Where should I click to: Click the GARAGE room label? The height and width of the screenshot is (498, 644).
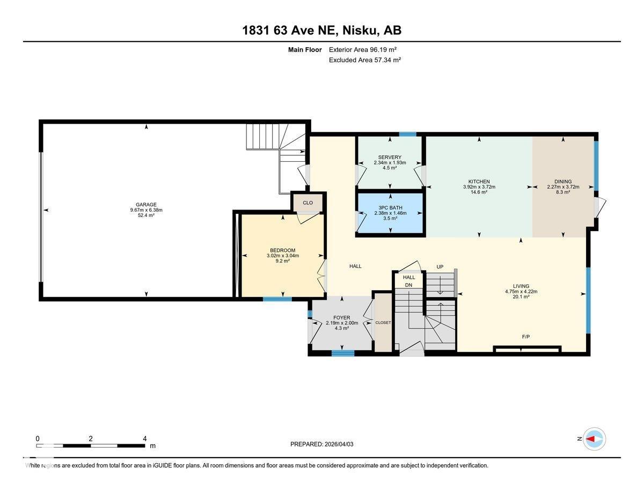(x=146, y=205)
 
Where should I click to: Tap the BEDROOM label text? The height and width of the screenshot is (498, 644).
(x=282, y=250)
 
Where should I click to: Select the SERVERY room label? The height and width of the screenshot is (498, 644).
(x=390, y=157)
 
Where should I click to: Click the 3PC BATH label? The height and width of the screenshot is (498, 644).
(x=390, y=207)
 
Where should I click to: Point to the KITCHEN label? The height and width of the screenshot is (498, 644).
(x=479, y=182)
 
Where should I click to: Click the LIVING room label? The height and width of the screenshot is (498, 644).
(x=521, y=286)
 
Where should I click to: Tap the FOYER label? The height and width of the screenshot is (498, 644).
(x=341, y=317)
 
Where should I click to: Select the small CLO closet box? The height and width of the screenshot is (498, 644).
(x=308, y=203)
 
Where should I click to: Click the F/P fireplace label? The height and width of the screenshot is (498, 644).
(x=526, y=337)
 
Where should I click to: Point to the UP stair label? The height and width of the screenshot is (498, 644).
(x=440, y=267)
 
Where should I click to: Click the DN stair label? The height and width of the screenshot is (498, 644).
(x=409, y=285)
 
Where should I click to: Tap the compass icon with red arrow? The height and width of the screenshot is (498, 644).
(x=594, y=439)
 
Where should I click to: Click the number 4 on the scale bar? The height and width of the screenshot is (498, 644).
(x=144, y=438)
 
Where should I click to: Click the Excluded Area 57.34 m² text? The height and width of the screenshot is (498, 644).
(x=365, y=60)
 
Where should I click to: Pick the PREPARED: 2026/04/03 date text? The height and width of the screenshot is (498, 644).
(x=322, y=444)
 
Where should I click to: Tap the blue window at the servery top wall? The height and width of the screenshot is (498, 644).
(x=408, y=134)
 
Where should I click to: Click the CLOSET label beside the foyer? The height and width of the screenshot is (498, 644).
(x=383, y=322)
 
